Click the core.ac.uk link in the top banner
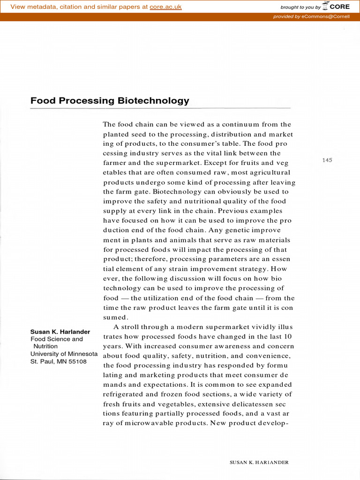point(165,7)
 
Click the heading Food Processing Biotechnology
point(110,100)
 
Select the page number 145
point(327,160)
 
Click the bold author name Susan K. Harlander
point(60,332)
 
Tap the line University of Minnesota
point(64,354)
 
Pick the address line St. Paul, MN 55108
point(59,361)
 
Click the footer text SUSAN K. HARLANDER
point(259,462)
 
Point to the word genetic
point(221,230)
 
